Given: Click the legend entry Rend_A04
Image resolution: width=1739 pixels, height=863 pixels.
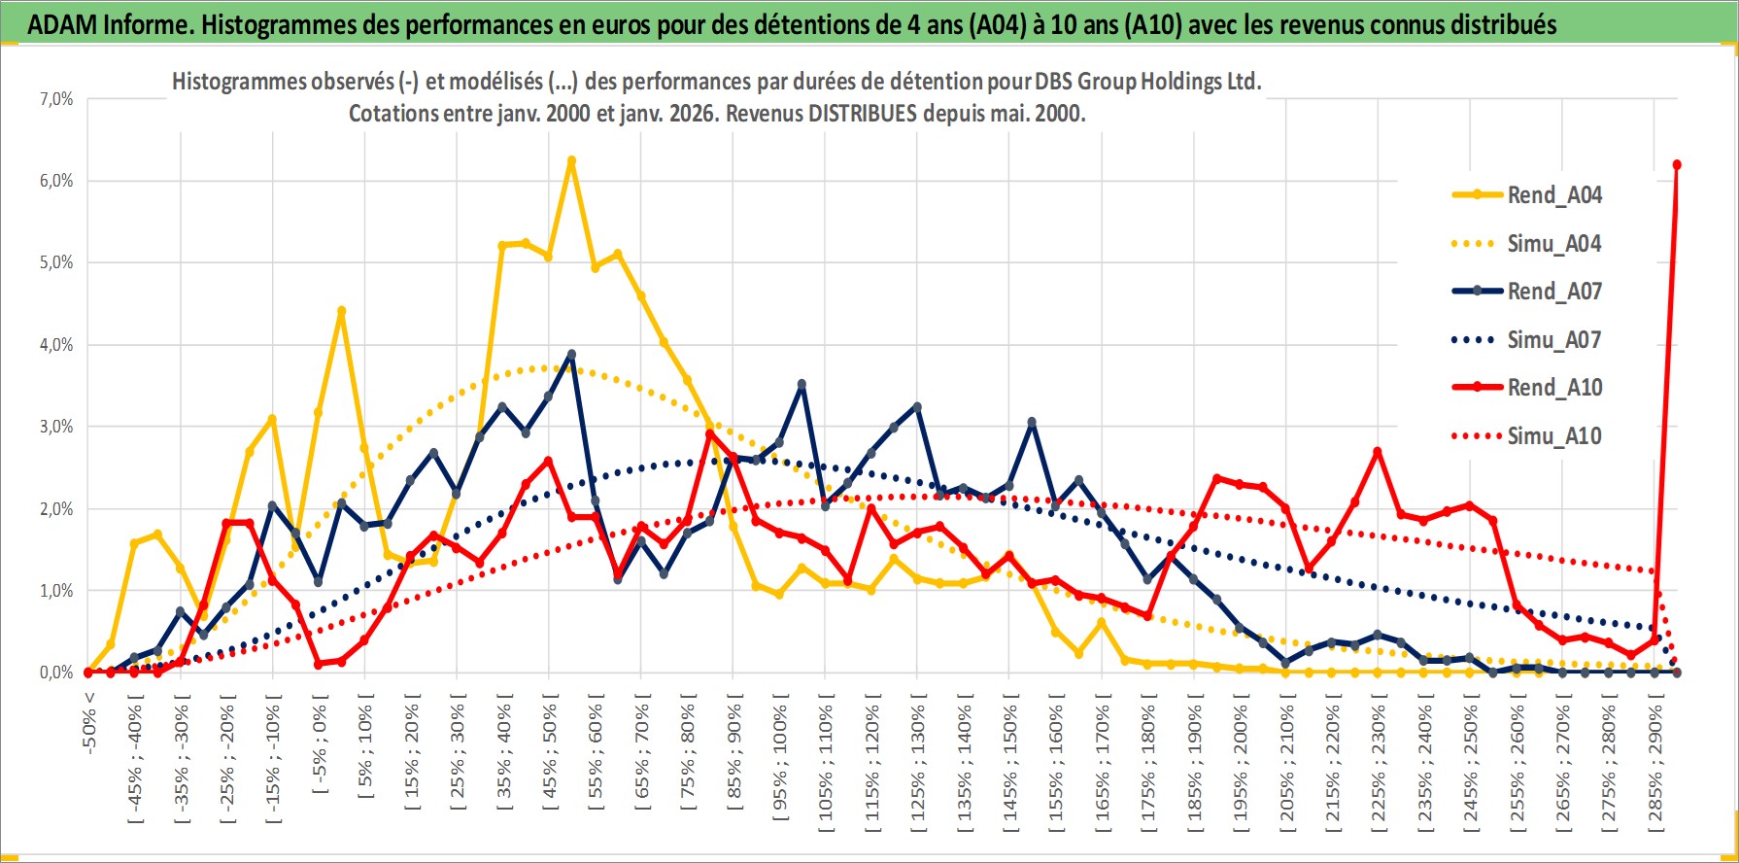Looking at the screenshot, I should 1553,195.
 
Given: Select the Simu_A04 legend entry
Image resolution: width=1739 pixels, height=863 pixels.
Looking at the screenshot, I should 1553,244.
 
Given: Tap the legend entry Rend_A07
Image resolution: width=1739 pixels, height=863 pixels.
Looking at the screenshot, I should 1553,292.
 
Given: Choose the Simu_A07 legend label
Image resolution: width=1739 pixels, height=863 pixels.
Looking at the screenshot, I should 1553,340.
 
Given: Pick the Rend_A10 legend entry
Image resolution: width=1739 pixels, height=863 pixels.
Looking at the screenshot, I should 1553,388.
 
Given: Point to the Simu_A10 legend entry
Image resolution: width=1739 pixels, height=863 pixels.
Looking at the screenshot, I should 1553,436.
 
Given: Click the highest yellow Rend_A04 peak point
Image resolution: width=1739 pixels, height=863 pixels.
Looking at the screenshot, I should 571,160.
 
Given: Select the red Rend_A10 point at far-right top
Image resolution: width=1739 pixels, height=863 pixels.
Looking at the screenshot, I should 1677,165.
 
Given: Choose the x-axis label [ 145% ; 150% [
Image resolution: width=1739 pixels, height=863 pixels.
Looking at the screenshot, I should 1010,759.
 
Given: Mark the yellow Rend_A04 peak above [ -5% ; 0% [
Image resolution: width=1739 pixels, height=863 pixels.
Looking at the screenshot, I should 341,311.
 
